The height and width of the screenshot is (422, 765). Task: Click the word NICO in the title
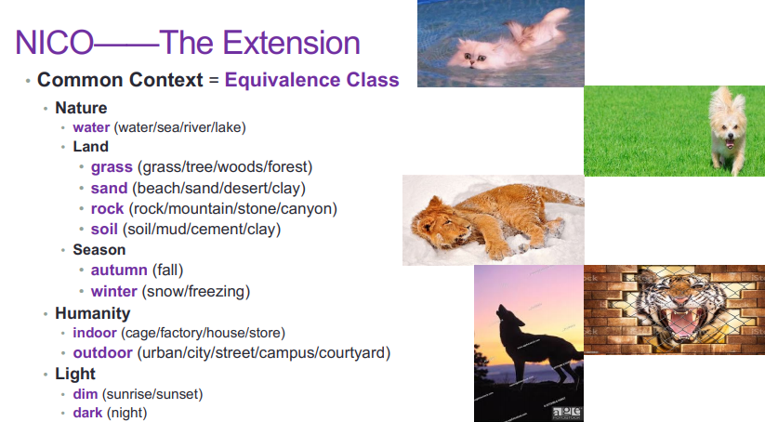54,43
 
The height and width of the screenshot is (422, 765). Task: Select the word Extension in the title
292,43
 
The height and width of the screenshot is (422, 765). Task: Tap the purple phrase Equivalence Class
311,80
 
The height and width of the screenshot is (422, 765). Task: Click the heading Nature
81,108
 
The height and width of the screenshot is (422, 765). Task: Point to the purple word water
91,127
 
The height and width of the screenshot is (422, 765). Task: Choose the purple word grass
112,167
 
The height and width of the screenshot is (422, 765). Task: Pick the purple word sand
109,189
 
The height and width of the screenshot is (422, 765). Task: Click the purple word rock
107,209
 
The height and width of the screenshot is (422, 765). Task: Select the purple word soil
104,230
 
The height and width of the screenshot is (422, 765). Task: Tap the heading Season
99,250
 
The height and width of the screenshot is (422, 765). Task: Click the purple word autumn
119,270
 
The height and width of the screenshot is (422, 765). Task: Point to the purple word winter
113,291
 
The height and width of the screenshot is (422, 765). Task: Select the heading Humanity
93,313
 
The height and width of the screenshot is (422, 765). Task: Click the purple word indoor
95,333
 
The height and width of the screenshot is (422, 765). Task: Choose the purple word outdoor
102,352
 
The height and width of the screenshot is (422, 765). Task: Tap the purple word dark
87,413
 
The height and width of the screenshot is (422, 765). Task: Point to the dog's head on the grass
728,121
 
